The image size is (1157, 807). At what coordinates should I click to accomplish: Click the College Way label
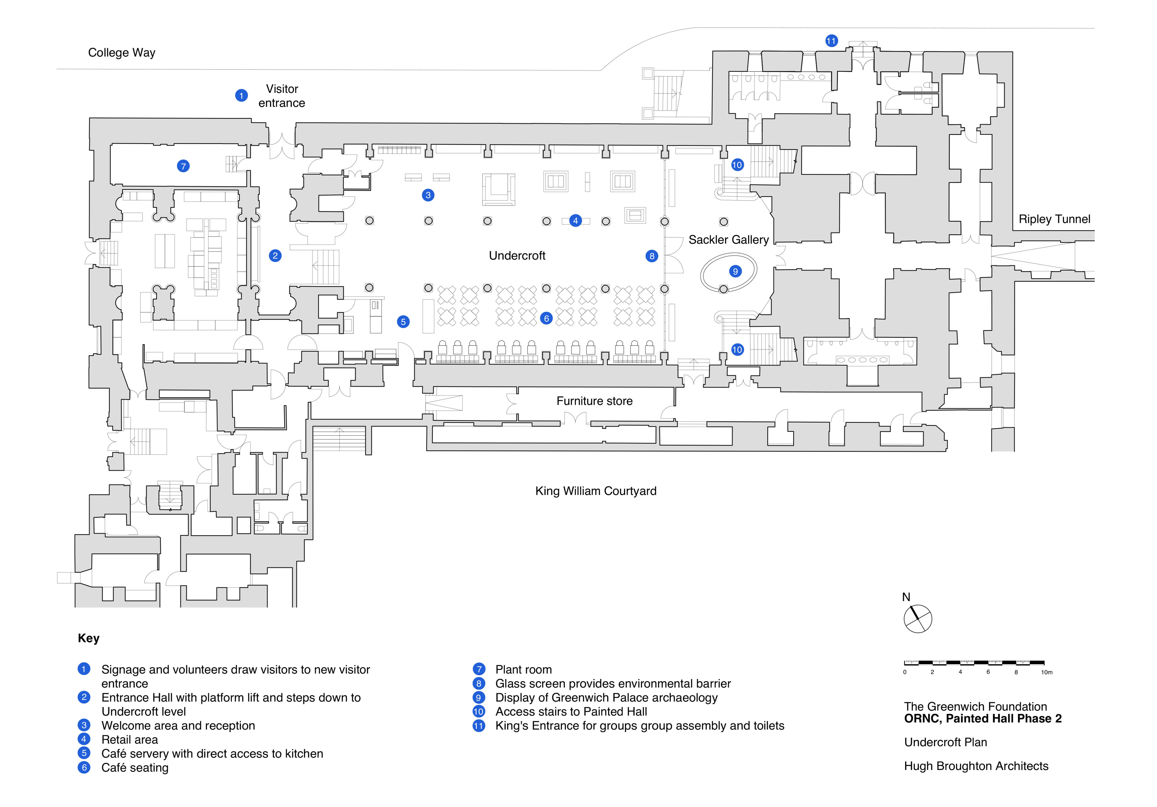click(x=121, y=53)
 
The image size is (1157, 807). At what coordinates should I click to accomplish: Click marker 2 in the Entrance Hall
click(x=275, y=256)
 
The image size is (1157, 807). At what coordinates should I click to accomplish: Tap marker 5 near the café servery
click(x=403, y=322)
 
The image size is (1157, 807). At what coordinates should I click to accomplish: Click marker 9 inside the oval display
click(x=735, y=271)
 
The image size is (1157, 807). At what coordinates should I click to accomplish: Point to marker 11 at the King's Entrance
click(x=831, y=41)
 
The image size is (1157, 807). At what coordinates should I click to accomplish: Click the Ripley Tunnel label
click(x=1054, y=219)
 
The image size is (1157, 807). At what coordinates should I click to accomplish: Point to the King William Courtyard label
click(x=596, y=491)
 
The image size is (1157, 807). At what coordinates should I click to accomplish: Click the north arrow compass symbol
click(x=918, y=619)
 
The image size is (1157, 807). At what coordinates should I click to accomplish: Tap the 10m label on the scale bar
click(x=1047, y=673)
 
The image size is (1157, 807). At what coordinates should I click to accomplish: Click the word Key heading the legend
click(x=89, y=638)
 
